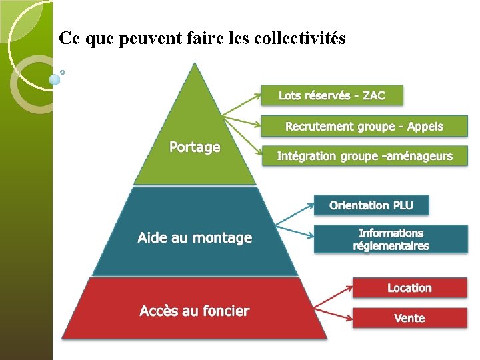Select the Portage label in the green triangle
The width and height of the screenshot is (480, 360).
[195, 147]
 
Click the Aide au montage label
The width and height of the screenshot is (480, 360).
[195, 237]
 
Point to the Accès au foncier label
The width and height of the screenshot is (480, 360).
[195, 311]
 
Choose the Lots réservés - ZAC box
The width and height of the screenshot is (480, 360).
[332, 95]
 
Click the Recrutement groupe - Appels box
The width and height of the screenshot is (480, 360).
[364, 126]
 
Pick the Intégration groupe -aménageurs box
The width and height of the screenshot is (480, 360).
[364, 156]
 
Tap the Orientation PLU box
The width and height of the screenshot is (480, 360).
[371, 205]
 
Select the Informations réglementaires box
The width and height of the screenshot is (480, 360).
[391, 239]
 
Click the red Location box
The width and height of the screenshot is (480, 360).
[409, 288]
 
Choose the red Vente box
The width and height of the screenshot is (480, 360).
[409, 318]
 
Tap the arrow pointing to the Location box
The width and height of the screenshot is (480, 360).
[333, 297]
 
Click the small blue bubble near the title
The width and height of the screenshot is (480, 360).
[55, 80]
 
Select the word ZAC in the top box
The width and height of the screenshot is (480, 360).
[373, 95]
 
